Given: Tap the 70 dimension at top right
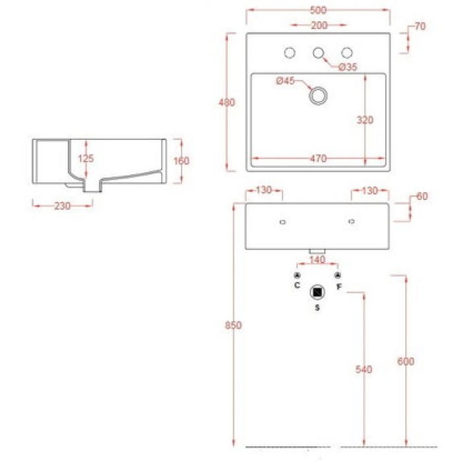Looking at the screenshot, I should (420, 27).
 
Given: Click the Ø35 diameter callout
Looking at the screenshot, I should (347, 67).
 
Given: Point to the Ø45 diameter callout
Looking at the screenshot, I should (284, 81).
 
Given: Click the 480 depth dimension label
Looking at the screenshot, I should (227, 102).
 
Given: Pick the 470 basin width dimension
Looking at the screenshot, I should (319, 158).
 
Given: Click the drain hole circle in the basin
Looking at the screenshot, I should (318, 95).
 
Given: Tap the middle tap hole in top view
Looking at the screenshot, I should (318, 53).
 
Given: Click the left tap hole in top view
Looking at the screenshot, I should (289, 53).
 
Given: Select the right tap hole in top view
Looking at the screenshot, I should (346, 53).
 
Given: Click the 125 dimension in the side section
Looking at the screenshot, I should (85, 158).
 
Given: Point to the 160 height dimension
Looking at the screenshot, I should (182, 160).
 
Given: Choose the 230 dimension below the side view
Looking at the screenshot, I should (62, 206).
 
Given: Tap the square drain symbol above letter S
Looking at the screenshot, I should (317, 292).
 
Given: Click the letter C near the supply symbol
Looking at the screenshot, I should (297, 286).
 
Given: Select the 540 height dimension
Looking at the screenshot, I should (364, 370).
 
